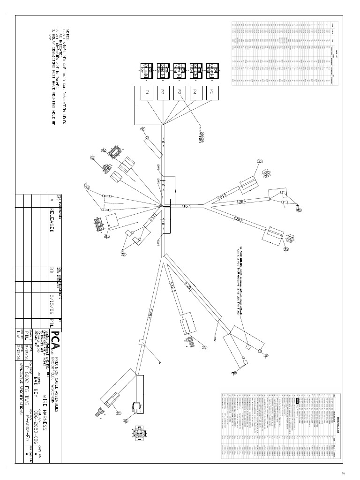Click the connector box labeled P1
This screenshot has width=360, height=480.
[x=146, y=93]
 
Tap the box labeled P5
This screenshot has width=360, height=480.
[x=211, y=93]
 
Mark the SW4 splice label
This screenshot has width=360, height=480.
[x=158, y=243]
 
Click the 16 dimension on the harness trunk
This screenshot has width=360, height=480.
[x=186, y=206]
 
